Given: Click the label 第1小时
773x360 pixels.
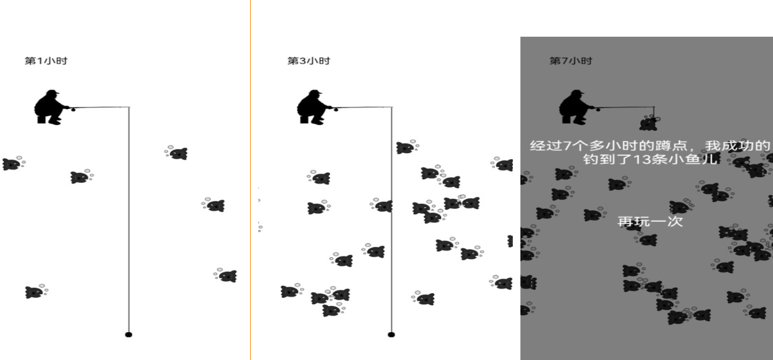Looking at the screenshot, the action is tap(46, 61).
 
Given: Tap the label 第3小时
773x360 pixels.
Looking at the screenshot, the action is tap(309, 61).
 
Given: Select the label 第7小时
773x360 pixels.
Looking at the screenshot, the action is tap(571, 61).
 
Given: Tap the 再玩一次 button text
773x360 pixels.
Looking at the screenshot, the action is tap(650, 221).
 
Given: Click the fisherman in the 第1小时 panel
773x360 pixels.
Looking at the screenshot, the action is tap(50, 107).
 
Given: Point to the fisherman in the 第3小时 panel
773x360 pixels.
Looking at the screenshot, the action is tap(313, 107).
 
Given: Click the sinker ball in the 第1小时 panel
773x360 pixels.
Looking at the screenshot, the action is tap(128, 335).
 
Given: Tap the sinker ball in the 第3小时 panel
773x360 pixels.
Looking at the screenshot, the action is tap(392, 335).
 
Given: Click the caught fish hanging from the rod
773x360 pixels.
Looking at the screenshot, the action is tap(649, 124).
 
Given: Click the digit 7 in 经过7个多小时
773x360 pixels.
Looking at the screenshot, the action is tap(567, 145).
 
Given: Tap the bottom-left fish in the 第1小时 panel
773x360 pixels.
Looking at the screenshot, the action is tap(36, 291).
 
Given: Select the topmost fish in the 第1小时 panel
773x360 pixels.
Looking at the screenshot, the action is tap(176, 152).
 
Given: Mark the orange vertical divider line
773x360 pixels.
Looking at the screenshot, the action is tap(250, 180).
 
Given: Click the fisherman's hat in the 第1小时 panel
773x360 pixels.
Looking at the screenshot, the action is tap(52, 92).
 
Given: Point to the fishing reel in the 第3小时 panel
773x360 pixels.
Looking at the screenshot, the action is tap(336, 110).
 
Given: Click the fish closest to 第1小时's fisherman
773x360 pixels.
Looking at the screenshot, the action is tap(81, 177).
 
